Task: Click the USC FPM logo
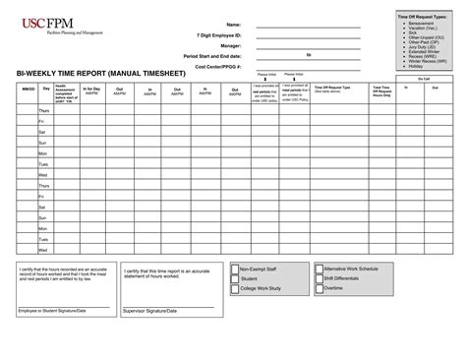(x=38, y=25)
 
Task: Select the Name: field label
(x=233, y=24)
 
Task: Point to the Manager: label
(x=230, y=45)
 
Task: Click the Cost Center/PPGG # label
(x=219, y=66)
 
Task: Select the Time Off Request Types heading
(x=421, y=18)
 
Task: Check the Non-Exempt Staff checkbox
(x=234, y=268)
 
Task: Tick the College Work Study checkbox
(x=234, y=288)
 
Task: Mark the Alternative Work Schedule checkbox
(x=319, y=268)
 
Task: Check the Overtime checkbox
(x=319, y=288)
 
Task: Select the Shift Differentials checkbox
(x=319, y=277)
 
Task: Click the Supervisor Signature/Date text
(x=151, y=311)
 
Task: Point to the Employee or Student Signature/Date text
(x=53, y=311)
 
